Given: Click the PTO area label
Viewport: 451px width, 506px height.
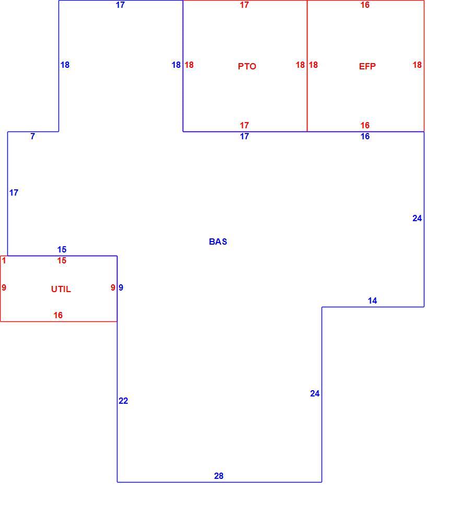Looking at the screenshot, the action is point(247,66).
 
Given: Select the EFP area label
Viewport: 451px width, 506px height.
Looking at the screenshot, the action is point(367,66).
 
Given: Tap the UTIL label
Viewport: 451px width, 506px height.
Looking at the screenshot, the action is point(61,289).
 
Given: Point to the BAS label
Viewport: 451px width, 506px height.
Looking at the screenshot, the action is point(218,242).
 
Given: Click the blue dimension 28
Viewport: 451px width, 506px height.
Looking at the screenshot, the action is point(219,476).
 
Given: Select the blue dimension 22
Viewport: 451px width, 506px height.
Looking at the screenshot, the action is point(123,401).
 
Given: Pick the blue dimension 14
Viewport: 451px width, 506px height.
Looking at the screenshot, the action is point(372,301).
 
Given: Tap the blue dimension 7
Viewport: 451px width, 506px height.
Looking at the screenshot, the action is point(32,137).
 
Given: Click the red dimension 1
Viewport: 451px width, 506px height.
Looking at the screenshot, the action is point(4,260).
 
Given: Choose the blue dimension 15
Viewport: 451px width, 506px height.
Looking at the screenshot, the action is point(62,249).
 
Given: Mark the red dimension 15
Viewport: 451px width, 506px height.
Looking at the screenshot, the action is point(62,260).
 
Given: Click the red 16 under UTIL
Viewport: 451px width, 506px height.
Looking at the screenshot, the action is point(58,315).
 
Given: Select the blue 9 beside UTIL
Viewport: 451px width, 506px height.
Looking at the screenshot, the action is point(121,287).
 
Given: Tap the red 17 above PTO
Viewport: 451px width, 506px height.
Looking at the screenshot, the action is point(244,5).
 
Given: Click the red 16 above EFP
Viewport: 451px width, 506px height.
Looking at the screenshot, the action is point(365,5).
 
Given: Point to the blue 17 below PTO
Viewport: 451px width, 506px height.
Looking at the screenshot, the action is point(244,137).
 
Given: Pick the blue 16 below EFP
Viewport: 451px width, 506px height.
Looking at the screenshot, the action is point(365,137).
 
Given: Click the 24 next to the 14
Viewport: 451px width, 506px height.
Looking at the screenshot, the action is point(417,219).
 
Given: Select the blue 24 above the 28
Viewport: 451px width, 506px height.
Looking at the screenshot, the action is point(315,394).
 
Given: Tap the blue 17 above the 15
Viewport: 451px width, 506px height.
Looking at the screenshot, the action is point(14,193).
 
